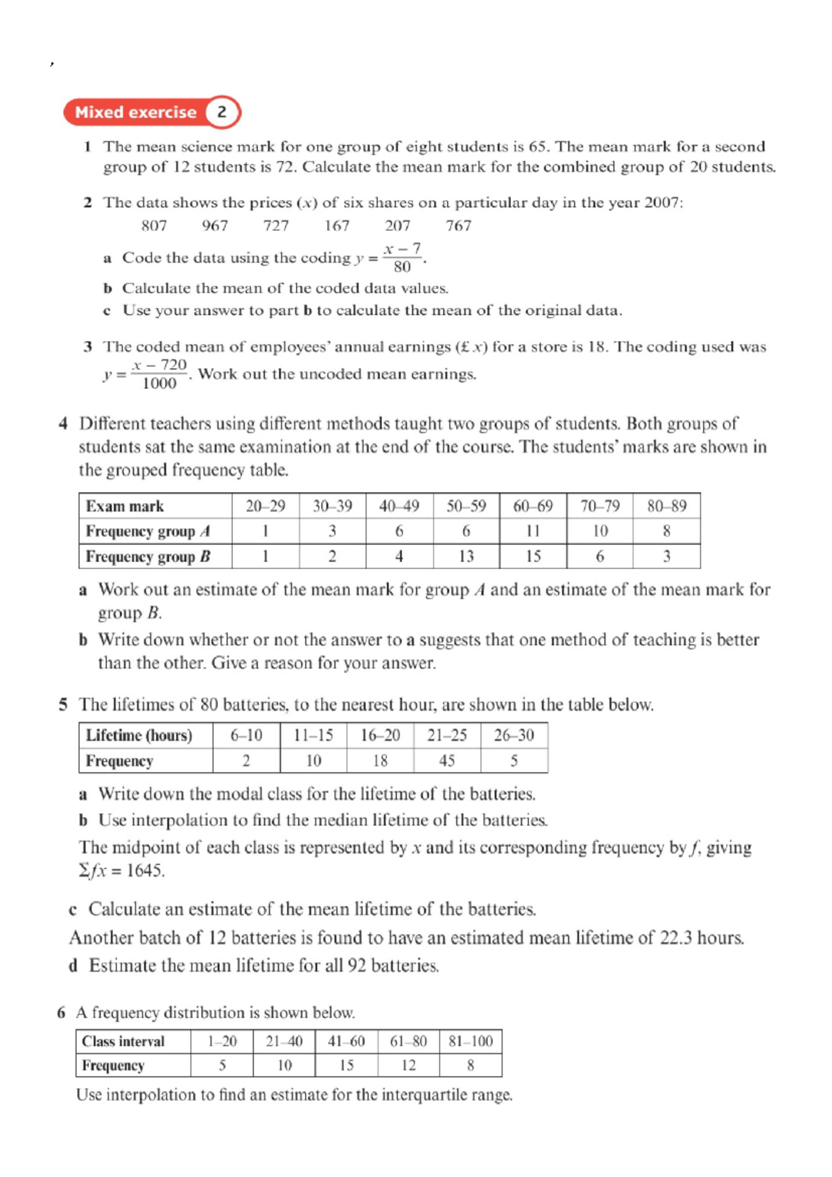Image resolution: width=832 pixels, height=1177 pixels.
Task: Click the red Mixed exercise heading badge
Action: tap(137, 112)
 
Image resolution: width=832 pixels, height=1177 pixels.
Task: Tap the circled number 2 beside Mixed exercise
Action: tap(222, 112)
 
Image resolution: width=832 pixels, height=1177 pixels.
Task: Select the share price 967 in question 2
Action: tap(215, 225)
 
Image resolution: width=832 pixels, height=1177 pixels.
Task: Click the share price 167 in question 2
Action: tap(337, 225)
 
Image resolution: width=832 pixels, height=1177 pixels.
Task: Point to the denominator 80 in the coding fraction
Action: tap(402, 268)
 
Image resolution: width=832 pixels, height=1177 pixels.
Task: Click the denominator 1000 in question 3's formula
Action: tap(159, 384)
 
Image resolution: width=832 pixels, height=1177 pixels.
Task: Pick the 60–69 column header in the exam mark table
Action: tap(532, 506)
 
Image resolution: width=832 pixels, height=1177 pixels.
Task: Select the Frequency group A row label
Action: tap(148, 532)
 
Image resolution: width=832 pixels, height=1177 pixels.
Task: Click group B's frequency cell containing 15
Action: tap(532, 557)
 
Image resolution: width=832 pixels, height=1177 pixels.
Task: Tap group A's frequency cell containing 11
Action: tap(532, 532)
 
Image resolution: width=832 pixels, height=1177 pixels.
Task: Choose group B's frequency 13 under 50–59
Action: tap(466, 557)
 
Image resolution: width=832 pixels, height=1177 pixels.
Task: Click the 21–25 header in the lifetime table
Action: tap(447, 735)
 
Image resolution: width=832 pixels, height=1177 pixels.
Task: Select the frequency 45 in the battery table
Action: tap(447, 761)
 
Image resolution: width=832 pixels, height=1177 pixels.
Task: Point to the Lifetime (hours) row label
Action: tap(139, 735)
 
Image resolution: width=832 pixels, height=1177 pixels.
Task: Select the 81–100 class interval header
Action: tap(470, 1042)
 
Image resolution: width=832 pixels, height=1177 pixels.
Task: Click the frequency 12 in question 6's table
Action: tap(408, 1065)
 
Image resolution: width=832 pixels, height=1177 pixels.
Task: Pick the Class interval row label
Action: tap(123, 1042)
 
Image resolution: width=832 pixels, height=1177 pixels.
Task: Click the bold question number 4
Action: tap(63, 424)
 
